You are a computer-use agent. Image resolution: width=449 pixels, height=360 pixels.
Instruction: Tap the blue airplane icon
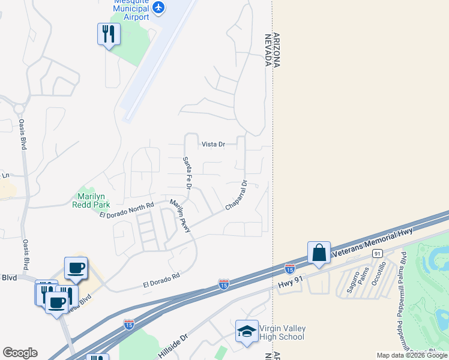158,7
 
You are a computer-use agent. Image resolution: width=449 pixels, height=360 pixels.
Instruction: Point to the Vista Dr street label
213,145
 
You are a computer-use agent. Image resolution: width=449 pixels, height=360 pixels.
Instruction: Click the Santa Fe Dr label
187,174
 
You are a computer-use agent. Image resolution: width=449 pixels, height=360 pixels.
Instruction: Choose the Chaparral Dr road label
236,196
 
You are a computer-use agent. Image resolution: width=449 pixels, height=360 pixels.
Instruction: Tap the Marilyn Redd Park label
91,200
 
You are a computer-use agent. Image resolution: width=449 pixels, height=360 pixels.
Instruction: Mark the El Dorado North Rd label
127,209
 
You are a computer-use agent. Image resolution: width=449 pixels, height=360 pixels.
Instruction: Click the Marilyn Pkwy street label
180,215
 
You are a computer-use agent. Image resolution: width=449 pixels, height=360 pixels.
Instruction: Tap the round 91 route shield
378,254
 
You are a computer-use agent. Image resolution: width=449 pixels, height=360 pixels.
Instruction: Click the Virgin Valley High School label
282,332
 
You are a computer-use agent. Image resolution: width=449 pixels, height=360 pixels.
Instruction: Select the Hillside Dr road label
173,347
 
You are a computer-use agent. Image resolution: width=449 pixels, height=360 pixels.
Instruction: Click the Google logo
20,353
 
